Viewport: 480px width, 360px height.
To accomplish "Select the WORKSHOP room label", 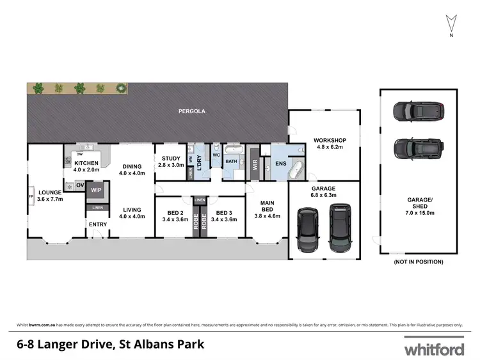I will pyautogui.click(x=330, y=141).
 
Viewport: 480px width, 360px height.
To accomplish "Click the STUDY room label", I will pyautogui.click(x=171, y=159).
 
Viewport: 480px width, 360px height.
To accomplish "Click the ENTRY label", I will pyautogui.click(x=98, y=224).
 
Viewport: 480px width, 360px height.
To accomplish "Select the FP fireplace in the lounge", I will pyautogui.click(x=31, y=196).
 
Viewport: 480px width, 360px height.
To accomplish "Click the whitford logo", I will pyautogui.click(x=433, y=349).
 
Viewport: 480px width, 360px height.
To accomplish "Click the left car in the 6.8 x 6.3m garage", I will pyautogui.click(x=308, y=228).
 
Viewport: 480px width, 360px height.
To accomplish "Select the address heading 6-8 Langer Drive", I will pyautogui.click(x=110, y=345).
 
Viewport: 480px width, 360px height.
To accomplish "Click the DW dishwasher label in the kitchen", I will pyautogui.click(x=79, y=154).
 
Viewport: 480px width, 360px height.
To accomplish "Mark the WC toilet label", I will pyautogui.click(x=216, y=155).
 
